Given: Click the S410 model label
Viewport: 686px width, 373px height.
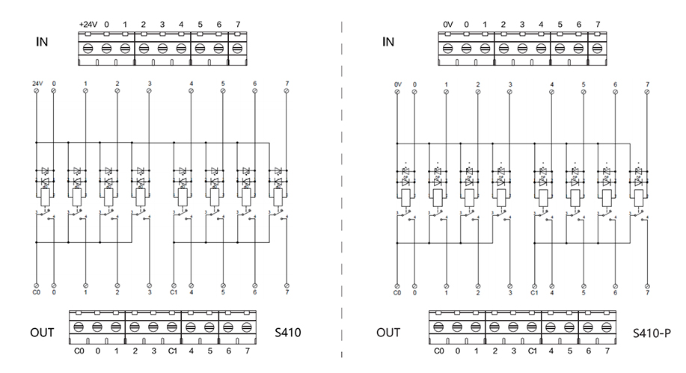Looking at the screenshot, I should tap(288, 331).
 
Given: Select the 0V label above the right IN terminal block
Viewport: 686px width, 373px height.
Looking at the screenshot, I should tap(448, 25).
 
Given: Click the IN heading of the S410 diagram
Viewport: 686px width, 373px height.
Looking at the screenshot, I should tap(43, 41).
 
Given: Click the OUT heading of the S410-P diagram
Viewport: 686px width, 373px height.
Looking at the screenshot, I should tap(388, 331).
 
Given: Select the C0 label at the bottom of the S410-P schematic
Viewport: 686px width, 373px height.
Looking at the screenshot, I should tap(397, 293).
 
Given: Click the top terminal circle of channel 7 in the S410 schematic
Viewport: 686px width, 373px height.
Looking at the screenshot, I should tap(287, 90).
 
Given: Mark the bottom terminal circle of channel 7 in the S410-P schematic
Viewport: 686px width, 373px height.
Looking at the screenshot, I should tap(648, 286).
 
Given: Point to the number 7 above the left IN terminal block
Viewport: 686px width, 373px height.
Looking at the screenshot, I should tap(237, 25).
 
